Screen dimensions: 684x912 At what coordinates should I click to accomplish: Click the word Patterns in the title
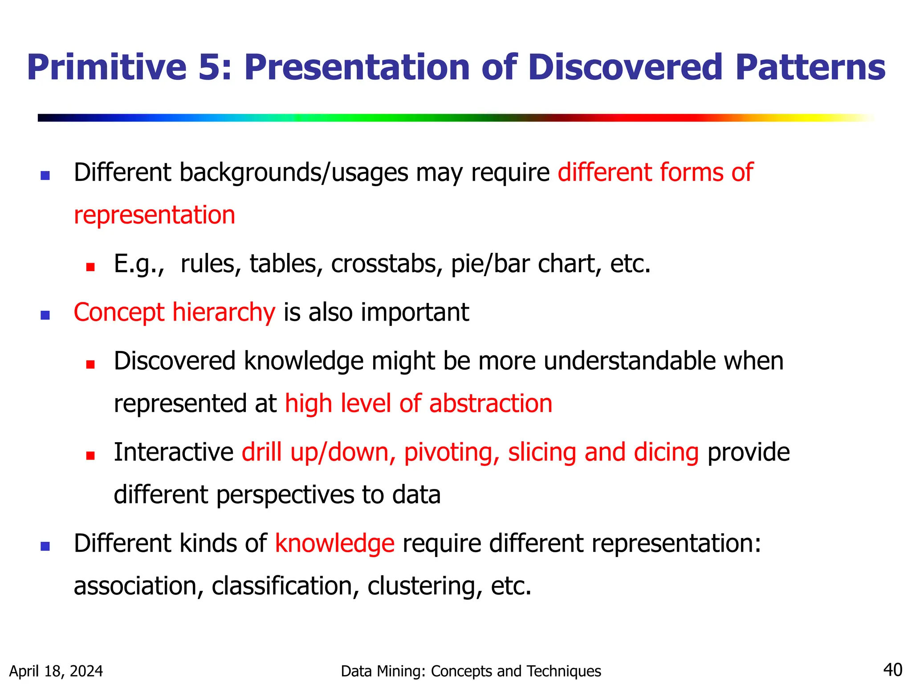[x=810, y=68]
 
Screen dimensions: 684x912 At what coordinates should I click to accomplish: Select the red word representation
[x=154, y=216]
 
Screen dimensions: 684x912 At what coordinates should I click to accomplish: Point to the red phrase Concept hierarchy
[x=174, y=313]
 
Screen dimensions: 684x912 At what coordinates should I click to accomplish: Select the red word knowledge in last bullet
[x=334, y=544]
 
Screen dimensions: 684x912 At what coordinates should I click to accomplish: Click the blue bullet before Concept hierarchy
[x=45, y=315]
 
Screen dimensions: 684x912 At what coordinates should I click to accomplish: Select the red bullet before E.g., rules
[x=90, y=267]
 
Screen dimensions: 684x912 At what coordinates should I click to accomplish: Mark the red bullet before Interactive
[x=90, y=456]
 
